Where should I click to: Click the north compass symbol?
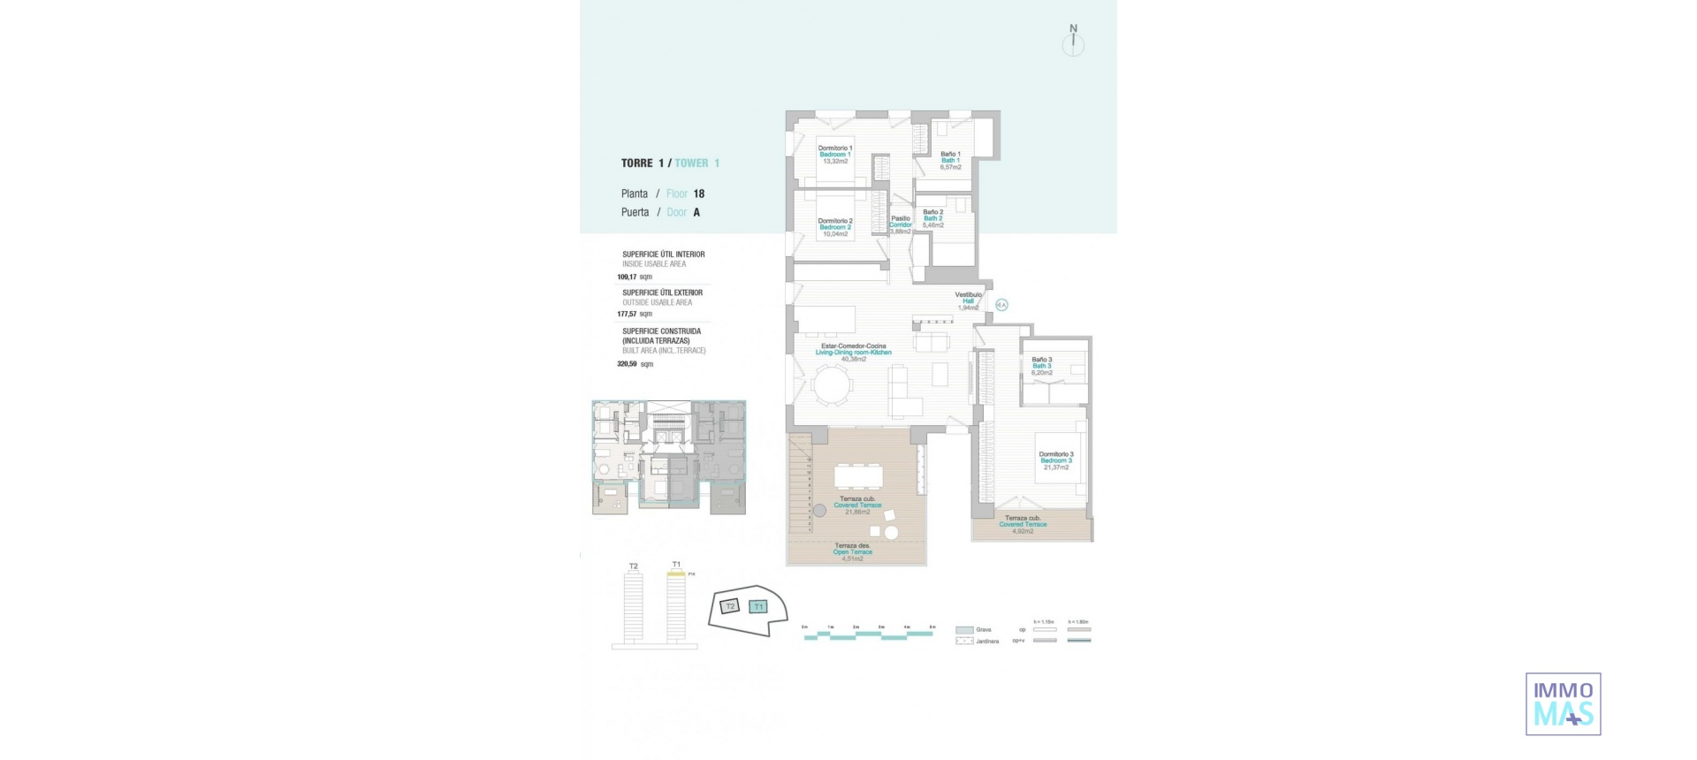pyautogui.click(x=1073, y=42)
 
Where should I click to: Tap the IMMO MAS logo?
pyautogui.click(x=1563, y=703)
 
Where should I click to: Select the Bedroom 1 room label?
pyautogui.click(x=835, y=155)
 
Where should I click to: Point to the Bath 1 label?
pyautogui.click(x=950, y=160)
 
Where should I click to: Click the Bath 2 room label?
pyautogui.click(x=932, y=218)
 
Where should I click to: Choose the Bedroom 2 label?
pyautogui.click(x=835, y=227)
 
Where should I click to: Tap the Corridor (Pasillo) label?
pyautogui.click(x=900, y=224)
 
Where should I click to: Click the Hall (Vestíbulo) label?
pyautogui.click(x=968, y=300)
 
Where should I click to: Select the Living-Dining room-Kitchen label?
pyautogui.click(x=853, y=352)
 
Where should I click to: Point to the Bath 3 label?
pyautogui.click(x=1042, y=366)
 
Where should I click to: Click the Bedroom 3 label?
pyautogui.click(x=1055, y=460)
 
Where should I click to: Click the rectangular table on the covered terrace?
pyautogui.click(x=858, y=477)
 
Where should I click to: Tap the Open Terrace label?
pyautogui.click(x=852, y=552)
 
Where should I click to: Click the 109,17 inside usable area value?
pyautogui.click(x=628, y=277)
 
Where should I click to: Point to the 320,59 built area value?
pyautogui.click(x=628, y=363)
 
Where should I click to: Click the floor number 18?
pyautogui.click(x=699, y=194)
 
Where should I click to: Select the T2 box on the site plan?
pyautogui.click(x=729, y=606)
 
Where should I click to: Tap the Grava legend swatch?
pyautogui.click(x=964, y=630)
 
